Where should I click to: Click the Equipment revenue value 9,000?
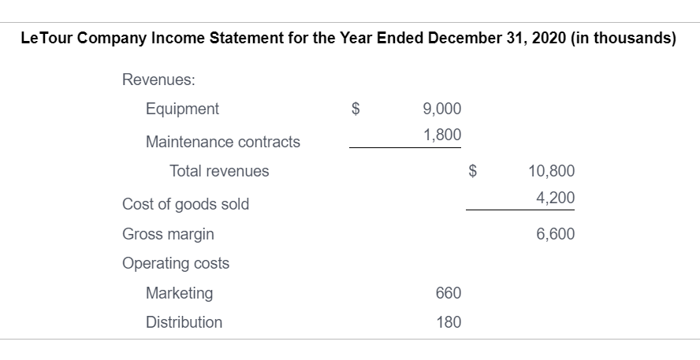[x=442, y=109]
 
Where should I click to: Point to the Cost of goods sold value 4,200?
[x=556, y=197]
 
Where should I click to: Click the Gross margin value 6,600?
[x=556, y=234]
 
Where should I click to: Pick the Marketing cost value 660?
[x=448, y=293]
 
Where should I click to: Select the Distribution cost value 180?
[x=448, y=322]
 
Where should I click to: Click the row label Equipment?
[x=182, y=109]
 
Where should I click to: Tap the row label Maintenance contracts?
[x=222, y=142]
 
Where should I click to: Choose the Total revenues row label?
[x=219, y=171]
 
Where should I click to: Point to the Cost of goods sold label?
[x=185, y=204]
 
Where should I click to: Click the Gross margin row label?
[x=168, y=234]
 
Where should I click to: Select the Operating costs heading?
[x=176, y=263]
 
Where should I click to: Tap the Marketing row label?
[x=179, y=293]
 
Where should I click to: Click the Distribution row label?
[x=184, y=322]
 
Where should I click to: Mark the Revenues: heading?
[x=158, y=80]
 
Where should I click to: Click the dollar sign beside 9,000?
[x=356, y=109]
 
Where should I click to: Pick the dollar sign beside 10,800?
[x=474, y=171]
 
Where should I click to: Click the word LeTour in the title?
[x=49, y=41]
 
